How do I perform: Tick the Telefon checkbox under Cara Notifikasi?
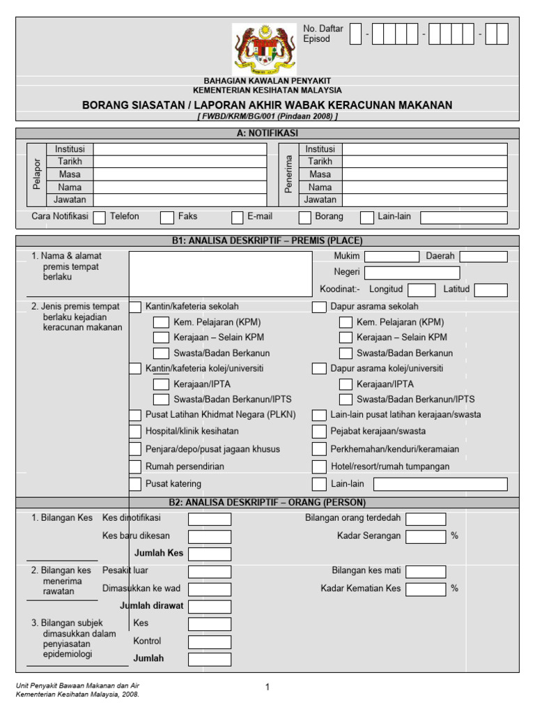tap(99, 218)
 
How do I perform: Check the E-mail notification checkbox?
tap(238, 218)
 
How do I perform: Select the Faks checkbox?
tap(166, 218)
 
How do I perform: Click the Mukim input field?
tap(391, 257)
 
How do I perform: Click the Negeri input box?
tap(412, 273)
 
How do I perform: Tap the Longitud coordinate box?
tap(421, 290)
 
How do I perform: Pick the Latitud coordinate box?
tap(490, 290)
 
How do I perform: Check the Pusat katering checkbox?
tap(135, 484)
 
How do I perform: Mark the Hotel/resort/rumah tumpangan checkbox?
tap(319, 466)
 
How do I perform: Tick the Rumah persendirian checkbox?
tap(135, 466)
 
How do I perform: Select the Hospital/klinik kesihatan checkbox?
tap(135, 432)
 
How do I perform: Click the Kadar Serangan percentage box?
tap(426, 536)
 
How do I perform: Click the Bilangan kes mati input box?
tap(426, 571)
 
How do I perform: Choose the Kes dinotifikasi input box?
tap(210, 519)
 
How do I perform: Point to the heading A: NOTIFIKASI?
tap(267, 133)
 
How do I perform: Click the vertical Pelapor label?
tap(37, 174)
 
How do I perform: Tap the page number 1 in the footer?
tap(267, 688)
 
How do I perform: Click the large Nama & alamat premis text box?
tap(220, 274)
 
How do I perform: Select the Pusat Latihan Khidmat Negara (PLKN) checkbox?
tap(135, 415)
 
